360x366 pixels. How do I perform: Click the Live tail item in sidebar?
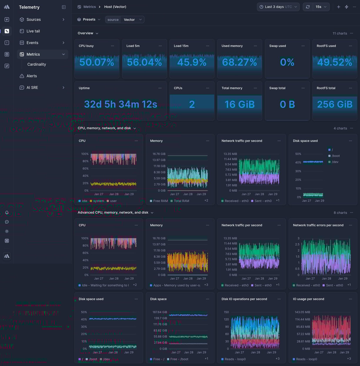pyautogui.click(x=33, y=31)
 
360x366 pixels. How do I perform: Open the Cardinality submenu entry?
pyautogui.click(x=36, y=64)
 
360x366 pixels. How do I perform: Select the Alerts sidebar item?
pyautogui.click(x=31, y=76)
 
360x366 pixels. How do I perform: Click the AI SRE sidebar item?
pyautogui.click(x=32, y=87)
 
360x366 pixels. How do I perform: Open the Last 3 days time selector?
pyautogui.click(x=278, y=7)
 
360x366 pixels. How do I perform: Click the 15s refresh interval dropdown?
pyautogui.click(x=321, y=7)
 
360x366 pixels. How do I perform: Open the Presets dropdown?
pyautogui.click(x=89, y=19)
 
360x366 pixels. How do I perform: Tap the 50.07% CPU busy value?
pyautogui.click(x=97, y=62)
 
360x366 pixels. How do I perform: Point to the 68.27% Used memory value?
pyautogui.click(x=239, y=62)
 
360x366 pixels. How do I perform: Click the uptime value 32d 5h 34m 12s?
pyautogui.click(x=121, y=104)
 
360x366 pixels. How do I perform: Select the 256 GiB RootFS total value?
pyautogui.click(x=335, y=104)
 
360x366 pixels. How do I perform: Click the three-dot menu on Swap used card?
pyautogui.click(x=303, y=46)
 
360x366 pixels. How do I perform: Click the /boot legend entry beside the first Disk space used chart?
pyautogui.click(x=336, y=156)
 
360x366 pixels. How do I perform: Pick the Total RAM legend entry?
pyautogui.click(x=181, y=201)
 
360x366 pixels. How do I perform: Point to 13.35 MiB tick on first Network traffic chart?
pyautogui.click(x=230, y=154)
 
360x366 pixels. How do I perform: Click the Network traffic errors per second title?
pyautogui.click(x=318, y=225)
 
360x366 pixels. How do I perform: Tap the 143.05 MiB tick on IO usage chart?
pyautogui.click(x=302, y=312)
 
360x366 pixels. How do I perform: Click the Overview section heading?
pyautogui.click(x=85, y=33)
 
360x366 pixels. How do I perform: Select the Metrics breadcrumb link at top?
pyautogui.click(x=89, y=7)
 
